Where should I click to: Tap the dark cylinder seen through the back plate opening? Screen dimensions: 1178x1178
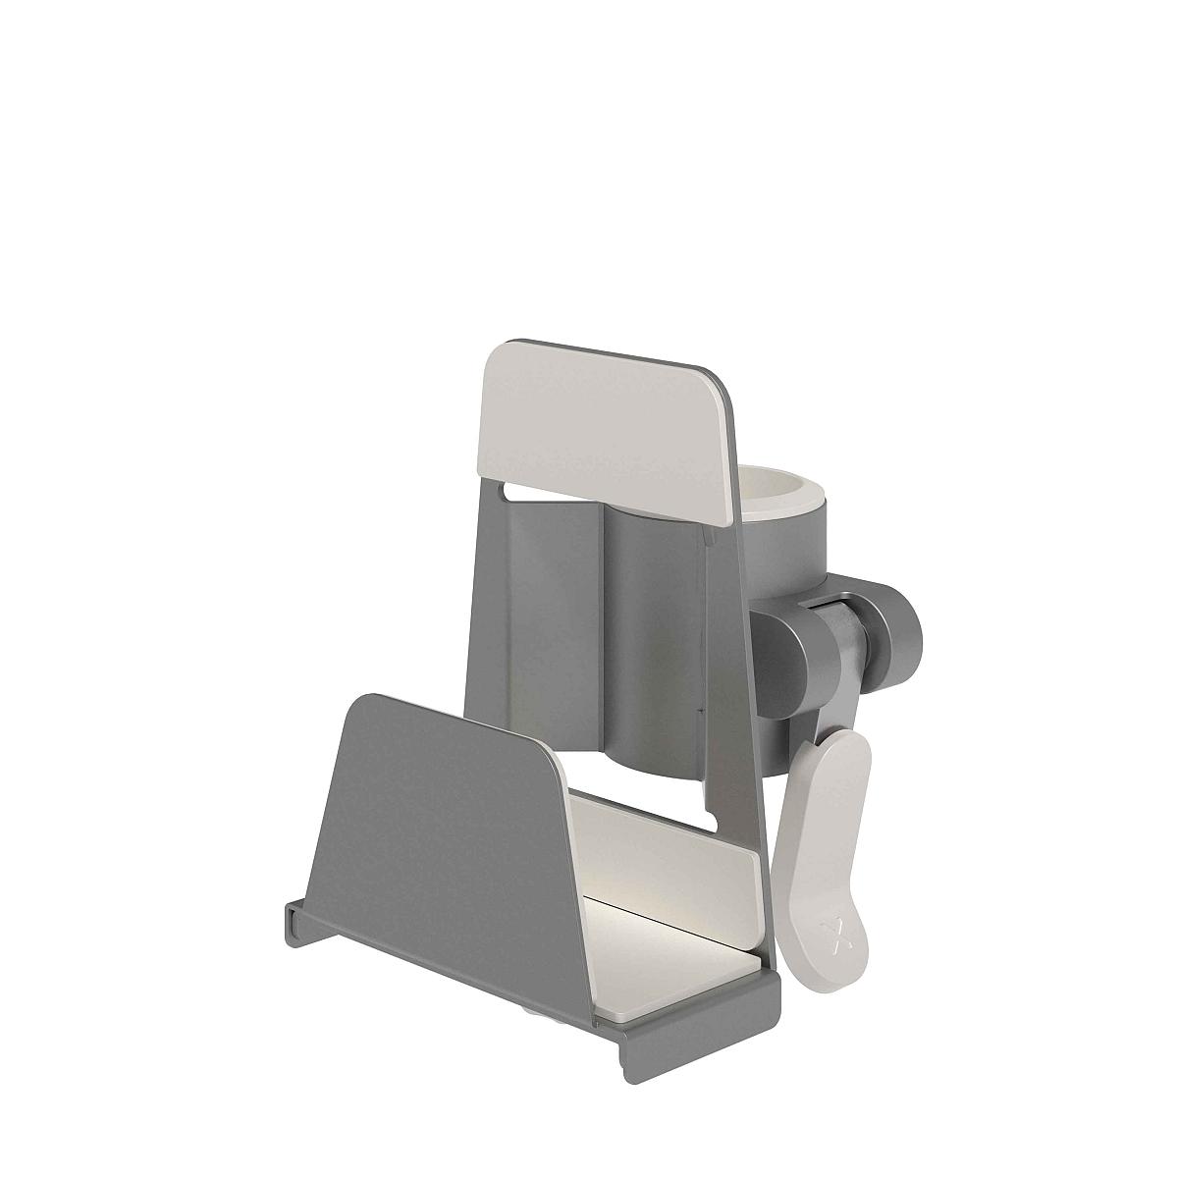click(x=648, y=638)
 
